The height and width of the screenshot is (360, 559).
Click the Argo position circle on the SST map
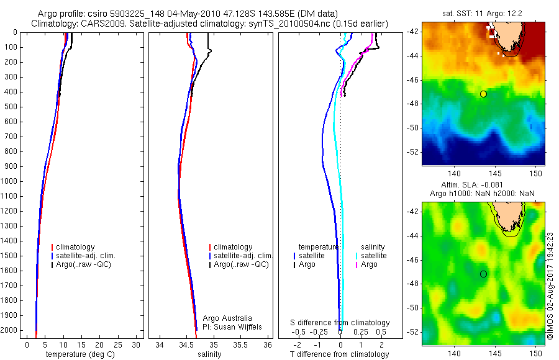coord(483,94)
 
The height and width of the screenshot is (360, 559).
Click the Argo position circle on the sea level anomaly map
coord(483,274)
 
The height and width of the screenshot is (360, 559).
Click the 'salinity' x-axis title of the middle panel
coord(210,354)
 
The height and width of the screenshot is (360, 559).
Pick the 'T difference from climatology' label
coord(339,354)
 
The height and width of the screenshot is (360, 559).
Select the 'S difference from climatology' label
coord(340,323)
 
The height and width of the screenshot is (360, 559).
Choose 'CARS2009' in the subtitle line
coord(94,24)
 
